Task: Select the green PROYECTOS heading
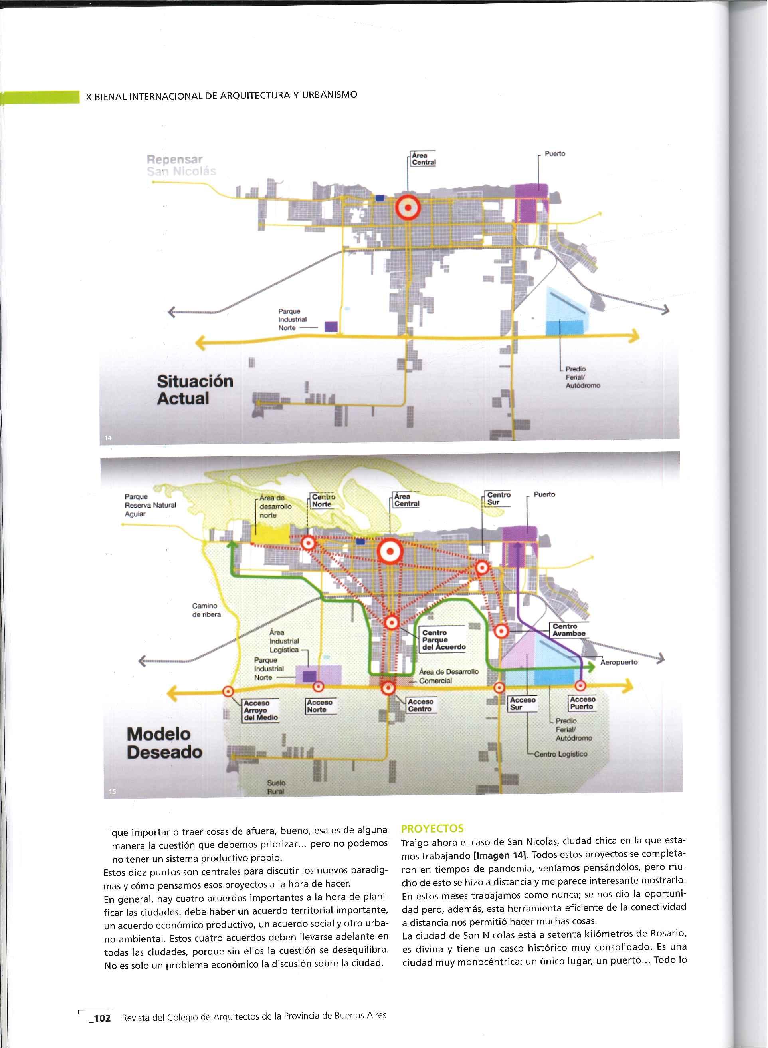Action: click(432, 828)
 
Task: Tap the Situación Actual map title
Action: click(195, 390)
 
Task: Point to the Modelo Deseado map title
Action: click(164, 743)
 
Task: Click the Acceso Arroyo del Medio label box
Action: click(260, 711)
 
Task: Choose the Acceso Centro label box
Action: click(421, 705)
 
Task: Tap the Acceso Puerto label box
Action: click(582, 703)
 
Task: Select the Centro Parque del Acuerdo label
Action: click(443, 640)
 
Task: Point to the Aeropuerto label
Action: click(619, 662)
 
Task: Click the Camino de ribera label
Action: click(206, 610)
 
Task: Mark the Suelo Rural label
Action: click(276, 787)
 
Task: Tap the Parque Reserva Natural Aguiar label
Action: click(150, 505)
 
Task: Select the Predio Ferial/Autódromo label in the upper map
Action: click(582, 377)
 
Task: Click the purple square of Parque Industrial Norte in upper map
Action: click(331, 326)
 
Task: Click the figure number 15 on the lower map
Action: click(112, 791)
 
